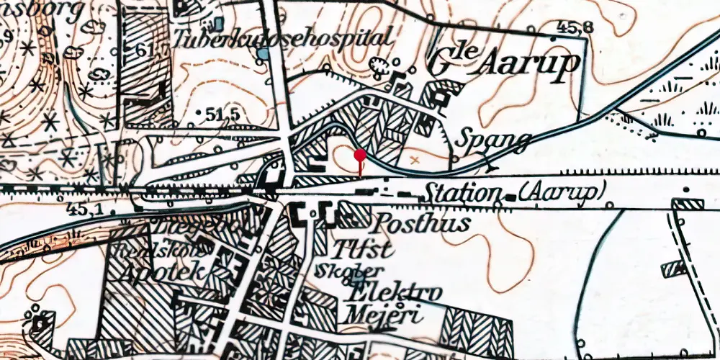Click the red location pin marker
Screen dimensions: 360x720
coord(360,154)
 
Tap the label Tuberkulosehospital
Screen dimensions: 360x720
coord(285,38)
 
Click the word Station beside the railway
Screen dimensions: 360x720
coord(463,193)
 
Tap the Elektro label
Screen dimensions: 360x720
coord(393,294)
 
